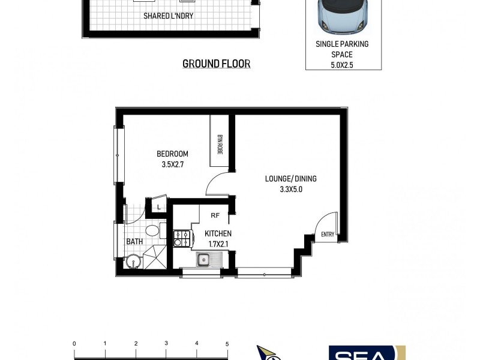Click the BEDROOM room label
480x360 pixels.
pyautogui.click(x=172, y=154)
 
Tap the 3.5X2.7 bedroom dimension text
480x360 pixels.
pyautogui.click(x=172, y=164)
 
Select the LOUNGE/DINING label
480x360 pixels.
pyautogui.click(x=290, y=179)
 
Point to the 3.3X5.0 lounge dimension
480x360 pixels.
pyautogui.click(x=290, y=189)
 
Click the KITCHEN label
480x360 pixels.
pyautogui.click(x=218, y=234)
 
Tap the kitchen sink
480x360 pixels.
pyautogui.click(x=203, y=260)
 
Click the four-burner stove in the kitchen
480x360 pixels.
pyautogui.click(x=182, y=239)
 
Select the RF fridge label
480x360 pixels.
pyautogui.click(x=215, y=215)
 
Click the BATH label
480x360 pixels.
pyautogui.click(x=134, y=242)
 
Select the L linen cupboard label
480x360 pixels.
pyautogui.click(x=158, y=208)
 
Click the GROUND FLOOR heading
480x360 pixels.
pyautogui.click(x=216, y=64)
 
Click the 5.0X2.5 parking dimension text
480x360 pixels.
pyautogui.click(x=342, y=64)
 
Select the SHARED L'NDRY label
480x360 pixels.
pyautogui.click(x=168, y=16)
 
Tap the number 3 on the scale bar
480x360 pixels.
pyautogui.click(x=166, y=344)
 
